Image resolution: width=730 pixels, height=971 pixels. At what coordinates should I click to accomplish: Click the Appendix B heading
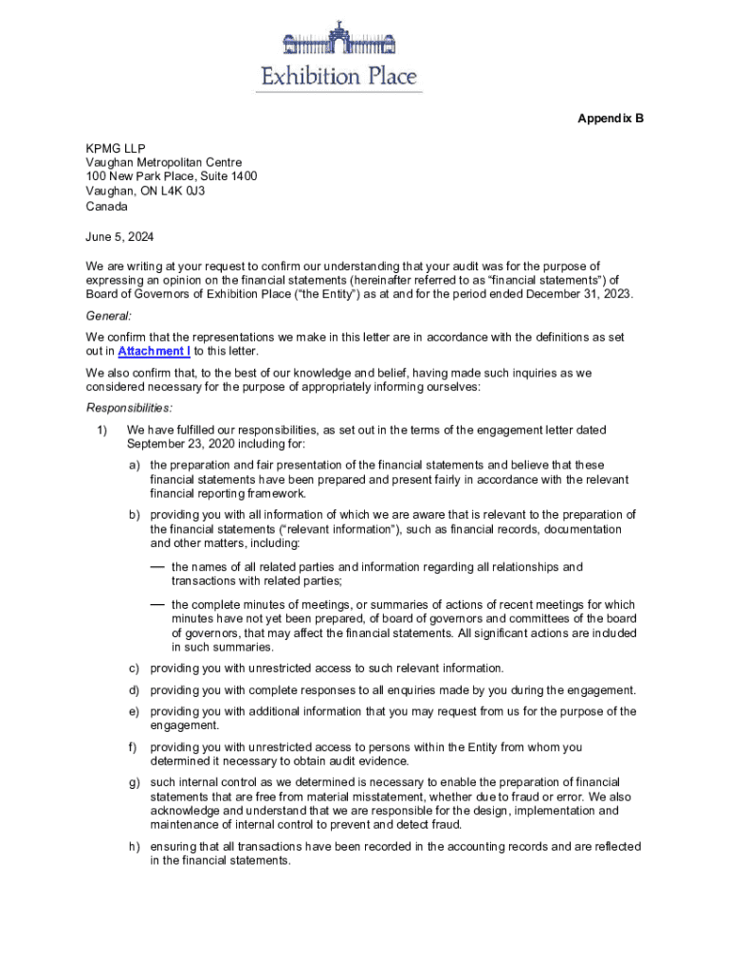pos(611,119)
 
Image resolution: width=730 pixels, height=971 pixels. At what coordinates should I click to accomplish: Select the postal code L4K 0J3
pos(181,191)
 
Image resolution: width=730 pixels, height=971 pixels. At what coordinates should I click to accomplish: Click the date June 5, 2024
pos(119,236)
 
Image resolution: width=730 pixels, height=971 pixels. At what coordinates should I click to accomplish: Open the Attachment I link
pos(154,351)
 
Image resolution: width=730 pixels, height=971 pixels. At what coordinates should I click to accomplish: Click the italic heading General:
pos(109,315)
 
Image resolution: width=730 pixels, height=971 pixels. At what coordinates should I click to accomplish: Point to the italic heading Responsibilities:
pos(130,408)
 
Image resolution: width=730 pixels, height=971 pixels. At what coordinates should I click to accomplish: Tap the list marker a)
pos(137,465)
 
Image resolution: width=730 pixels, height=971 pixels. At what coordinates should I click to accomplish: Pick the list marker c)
pos(136,669)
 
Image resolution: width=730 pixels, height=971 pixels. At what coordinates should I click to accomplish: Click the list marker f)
pos(135,747)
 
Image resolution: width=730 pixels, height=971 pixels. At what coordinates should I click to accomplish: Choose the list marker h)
pos(137,847)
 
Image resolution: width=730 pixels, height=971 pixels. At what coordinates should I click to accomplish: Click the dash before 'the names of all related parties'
pos(156,566)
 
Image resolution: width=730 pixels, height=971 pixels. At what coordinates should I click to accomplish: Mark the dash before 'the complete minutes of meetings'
pos(156,604)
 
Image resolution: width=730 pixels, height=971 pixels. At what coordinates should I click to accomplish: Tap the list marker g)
pos(137,782)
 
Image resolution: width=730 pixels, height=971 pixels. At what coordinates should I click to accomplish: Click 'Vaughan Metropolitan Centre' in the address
pos(164,162)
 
